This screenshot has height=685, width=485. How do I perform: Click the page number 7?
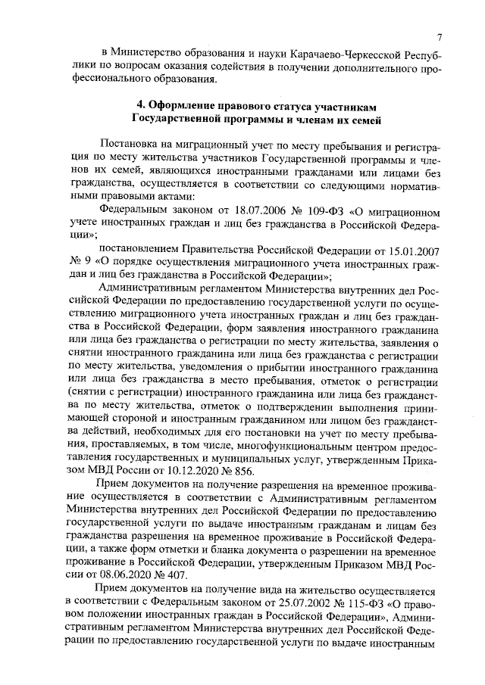[439, 39]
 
